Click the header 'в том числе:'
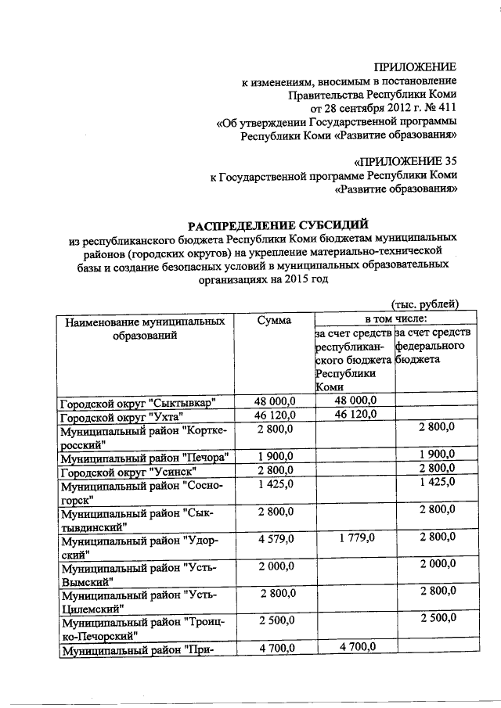click(x=389, y=319)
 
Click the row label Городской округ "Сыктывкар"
click(x=139, y=403)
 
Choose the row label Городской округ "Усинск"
click(x=128, y=471)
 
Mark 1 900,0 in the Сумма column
click(x=274, y=457)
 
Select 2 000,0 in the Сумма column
click(x=274, y=565)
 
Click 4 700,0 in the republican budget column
click(x=355, y=647)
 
